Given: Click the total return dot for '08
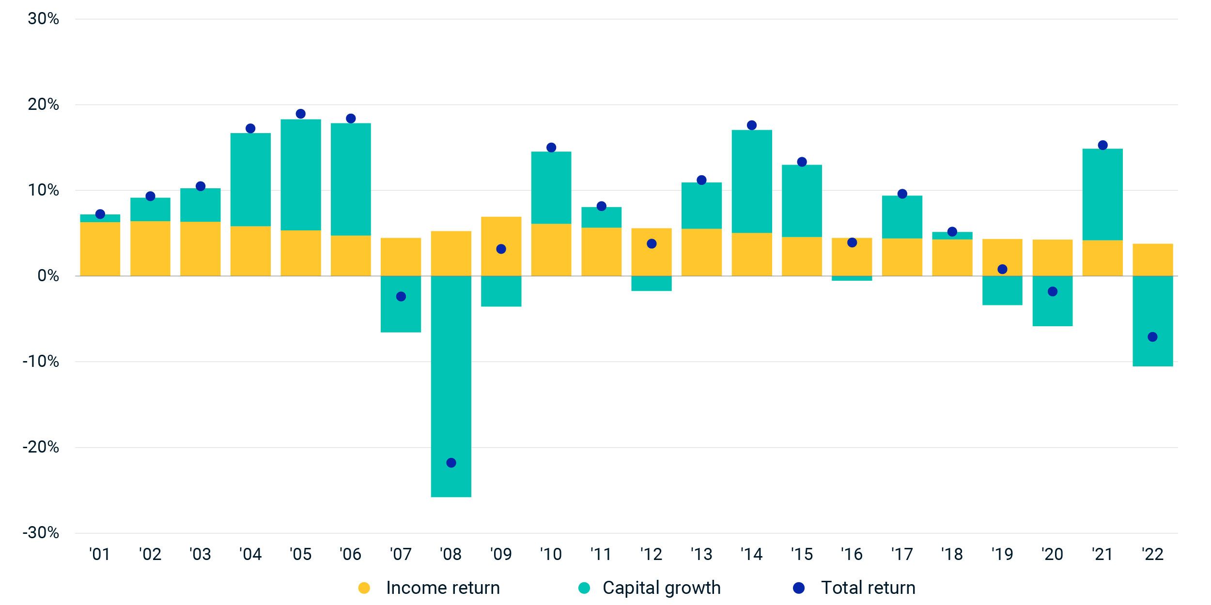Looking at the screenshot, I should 451,463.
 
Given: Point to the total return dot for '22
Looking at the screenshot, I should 1152,337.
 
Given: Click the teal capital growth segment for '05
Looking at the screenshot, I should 300,174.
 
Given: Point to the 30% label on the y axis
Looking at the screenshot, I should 43,19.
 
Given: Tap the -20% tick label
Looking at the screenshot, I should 41,447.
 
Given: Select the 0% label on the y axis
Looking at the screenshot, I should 48,276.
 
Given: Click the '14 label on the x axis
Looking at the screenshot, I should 751,554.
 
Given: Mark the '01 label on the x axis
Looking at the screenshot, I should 100,554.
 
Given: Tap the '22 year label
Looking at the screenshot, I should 1152,554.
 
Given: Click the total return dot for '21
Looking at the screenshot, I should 1102,145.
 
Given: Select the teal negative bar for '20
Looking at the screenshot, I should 1052,310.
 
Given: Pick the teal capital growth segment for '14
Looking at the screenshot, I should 751,181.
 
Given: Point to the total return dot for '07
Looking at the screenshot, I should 401,297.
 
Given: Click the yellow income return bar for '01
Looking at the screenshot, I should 100,249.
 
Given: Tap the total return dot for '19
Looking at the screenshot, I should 1002,269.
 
